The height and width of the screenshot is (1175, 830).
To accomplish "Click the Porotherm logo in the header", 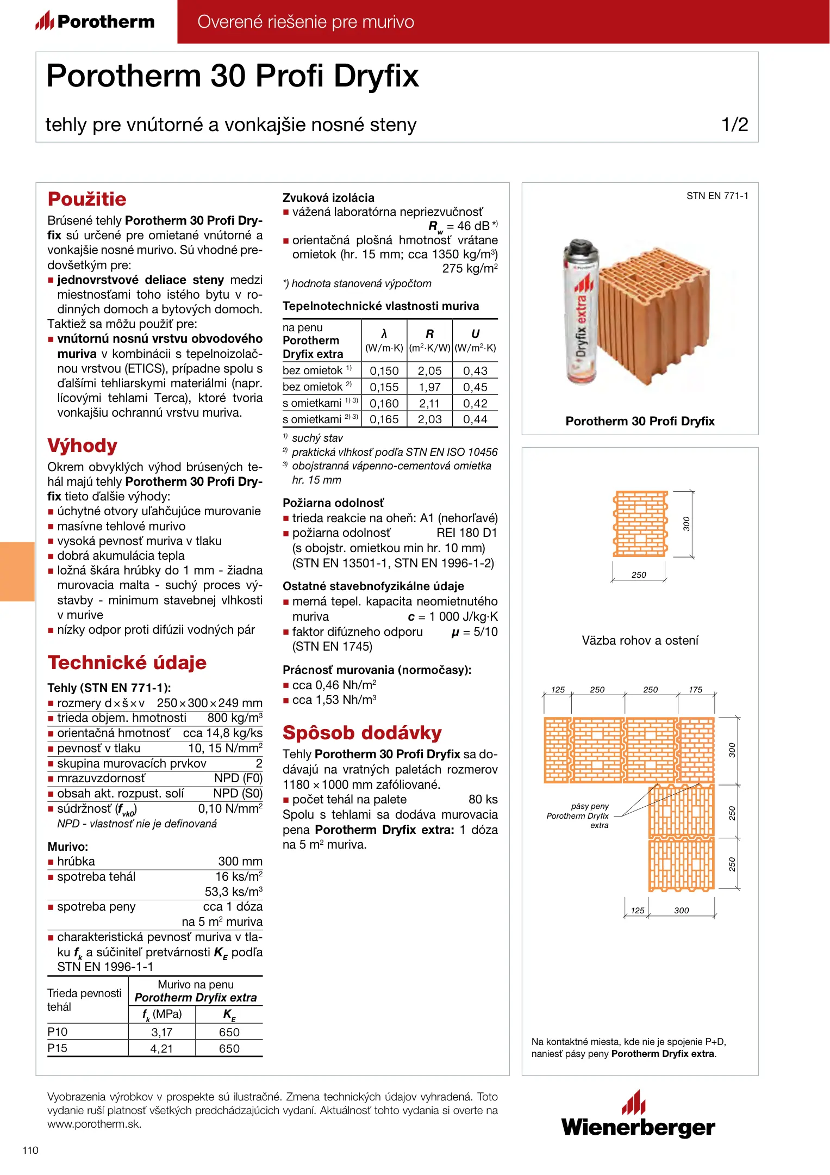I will click(95, 21).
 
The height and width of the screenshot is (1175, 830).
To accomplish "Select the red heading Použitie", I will click(87, 199).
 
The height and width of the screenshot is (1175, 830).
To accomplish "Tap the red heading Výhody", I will click(82, 446).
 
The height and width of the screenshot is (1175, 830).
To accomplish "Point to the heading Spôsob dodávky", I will click(362, 733).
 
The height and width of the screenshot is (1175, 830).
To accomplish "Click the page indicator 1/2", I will click(734, 125).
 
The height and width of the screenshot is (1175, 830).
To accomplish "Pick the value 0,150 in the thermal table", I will click(384, 371).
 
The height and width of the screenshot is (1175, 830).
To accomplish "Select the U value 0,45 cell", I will click(475, 387).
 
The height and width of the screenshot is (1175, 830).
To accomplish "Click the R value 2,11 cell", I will click(429, 404).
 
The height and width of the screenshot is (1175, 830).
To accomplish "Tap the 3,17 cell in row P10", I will click(161, 1032).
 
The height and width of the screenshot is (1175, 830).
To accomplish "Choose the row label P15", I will click(58, 1048).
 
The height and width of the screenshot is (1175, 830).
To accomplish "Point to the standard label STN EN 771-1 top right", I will click(717, 196).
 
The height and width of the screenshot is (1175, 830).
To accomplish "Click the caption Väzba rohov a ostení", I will click(640, 640).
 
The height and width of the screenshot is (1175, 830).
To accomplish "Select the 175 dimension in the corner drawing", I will click(695, 690).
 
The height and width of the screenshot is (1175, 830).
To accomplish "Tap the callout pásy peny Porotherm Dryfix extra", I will click(578, 815).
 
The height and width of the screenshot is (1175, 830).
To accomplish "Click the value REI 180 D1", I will click(466, 533).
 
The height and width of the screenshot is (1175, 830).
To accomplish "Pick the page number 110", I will click(30, 1150).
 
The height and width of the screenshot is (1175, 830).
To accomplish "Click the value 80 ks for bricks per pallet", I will click(483, 800).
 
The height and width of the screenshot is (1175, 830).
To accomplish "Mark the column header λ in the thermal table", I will click(384, 334).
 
